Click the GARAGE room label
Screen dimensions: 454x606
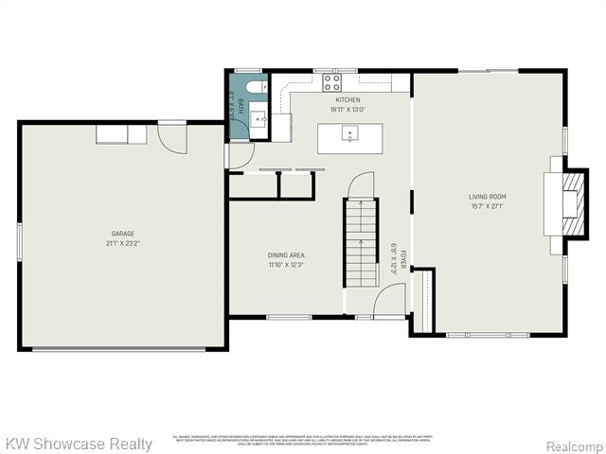122,234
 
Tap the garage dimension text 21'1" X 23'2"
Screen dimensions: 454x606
122,243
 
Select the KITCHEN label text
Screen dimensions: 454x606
347,100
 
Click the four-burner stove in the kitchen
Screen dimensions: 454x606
331,81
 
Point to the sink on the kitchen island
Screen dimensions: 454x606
349,134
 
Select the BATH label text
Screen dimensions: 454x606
241,106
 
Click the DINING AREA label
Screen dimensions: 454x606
286,255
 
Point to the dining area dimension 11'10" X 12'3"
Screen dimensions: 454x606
286,265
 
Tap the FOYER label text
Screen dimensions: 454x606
403,260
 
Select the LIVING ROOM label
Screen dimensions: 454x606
489,197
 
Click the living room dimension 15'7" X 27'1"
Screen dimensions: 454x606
489,206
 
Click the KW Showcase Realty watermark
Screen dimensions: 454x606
79,444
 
